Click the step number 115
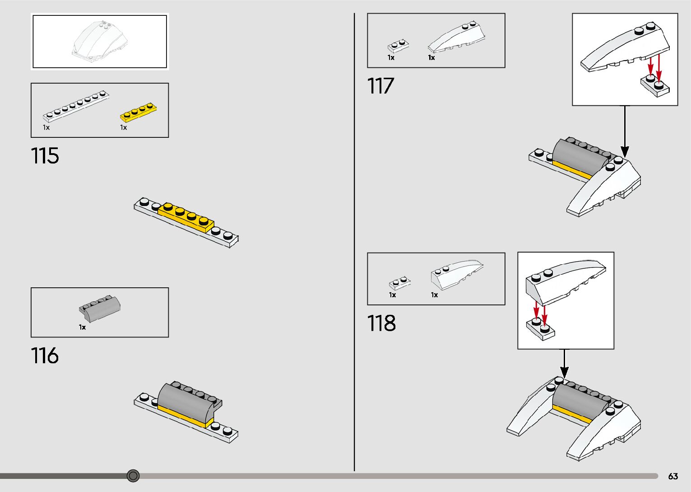pyautogui.click(x=45, y=156)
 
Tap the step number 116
pyautogui.click(x=45, y=356)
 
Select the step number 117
pyautogui.click(x=380, y=86)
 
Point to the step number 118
pyautogui.click(x=381, y=323)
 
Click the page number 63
pyautogui.click(x=673, y=476)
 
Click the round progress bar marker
pyautogui.click(x=133, y=475)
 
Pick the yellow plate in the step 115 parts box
pyautogui.click(x=139, y=112)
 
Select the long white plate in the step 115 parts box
pyautogui.click(x=76, y=107)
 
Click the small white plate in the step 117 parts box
pyautogui.click(x=398, y=46)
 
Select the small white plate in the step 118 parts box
pyautogui.click(x=400, y=283)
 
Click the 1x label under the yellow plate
pyautogui.click(x=123, y=128)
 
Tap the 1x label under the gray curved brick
pyautogui.click(x=82, y=327)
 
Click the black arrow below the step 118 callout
pyautogui.click(x=564, y=363)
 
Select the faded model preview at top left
pyautogui.click(x=100, y=41)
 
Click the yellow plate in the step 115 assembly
pyautogui.click(x=186, y=217)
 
